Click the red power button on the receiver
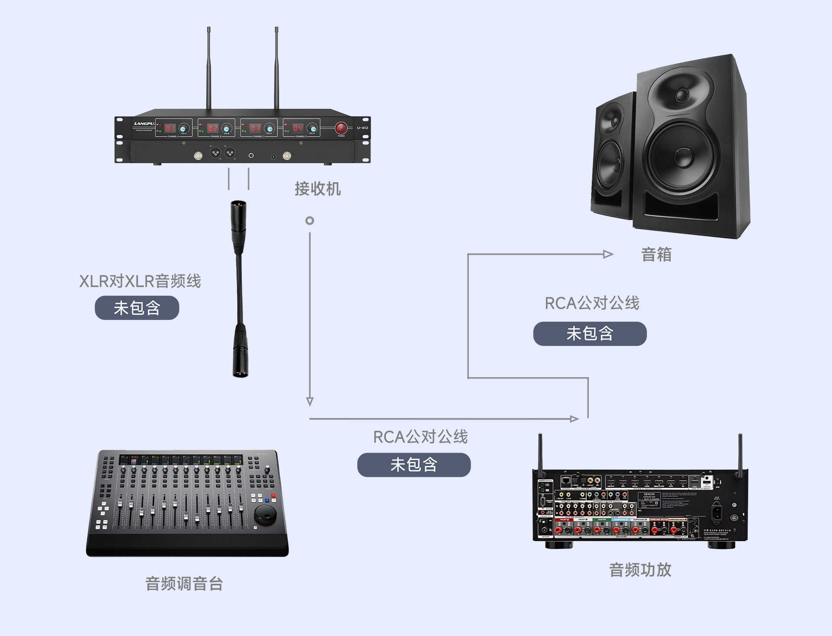(341, 128)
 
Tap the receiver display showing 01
(170, 128)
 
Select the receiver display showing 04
(298, 128)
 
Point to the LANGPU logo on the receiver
(144, 124)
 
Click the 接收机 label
(318, 189)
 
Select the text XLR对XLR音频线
(140, 281)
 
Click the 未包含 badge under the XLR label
(137, 308)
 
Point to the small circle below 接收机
(309, 221)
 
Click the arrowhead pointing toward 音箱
(608, 254)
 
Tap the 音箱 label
(656, 254)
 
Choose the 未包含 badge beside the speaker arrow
(590, 333)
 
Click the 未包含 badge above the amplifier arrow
(414, 465)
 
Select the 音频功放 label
(640, 570)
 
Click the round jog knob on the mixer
(265, 514)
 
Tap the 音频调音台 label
(184, 584)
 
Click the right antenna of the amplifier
(740, 453)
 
